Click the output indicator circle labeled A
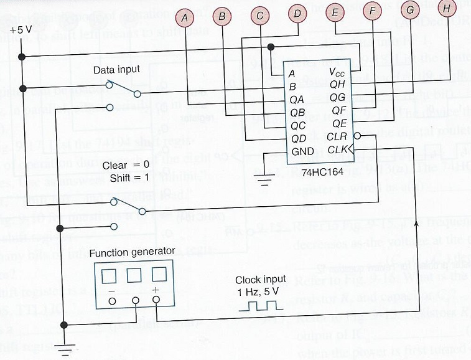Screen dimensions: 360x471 point(184,18)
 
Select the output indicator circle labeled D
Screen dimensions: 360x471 point(298,14)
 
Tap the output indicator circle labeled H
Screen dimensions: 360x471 point(446,8)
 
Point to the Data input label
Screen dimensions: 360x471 point(117,69)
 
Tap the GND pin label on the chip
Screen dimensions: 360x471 point(302,151)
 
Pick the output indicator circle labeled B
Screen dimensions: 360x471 point(222,17)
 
